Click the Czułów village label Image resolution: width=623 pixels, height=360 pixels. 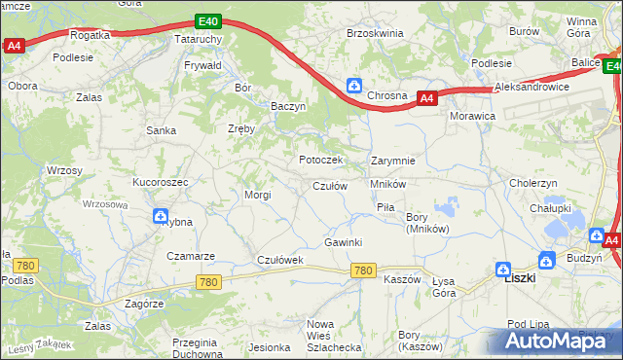click(329, 186)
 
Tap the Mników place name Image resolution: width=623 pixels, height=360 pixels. click(387, 184)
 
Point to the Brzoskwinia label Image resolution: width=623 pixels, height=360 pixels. click(375, 32)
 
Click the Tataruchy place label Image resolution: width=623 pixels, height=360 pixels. click(199, 39)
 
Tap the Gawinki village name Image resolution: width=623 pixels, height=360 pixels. click(344, 242)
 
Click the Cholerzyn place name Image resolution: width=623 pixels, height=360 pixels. click(532, 182)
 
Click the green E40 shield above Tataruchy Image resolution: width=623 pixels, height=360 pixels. click(207, 21)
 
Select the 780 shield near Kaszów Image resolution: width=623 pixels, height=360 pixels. click(364, 270)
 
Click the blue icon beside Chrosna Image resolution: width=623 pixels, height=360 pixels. click(354, 86)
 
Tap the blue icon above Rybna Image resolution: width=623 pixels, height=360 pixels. click(160, 218)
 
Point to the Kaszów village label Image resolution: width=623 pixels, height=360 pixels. click(401, 279)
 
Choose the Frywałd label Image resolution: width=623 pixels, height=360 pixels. click(203, 65)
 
